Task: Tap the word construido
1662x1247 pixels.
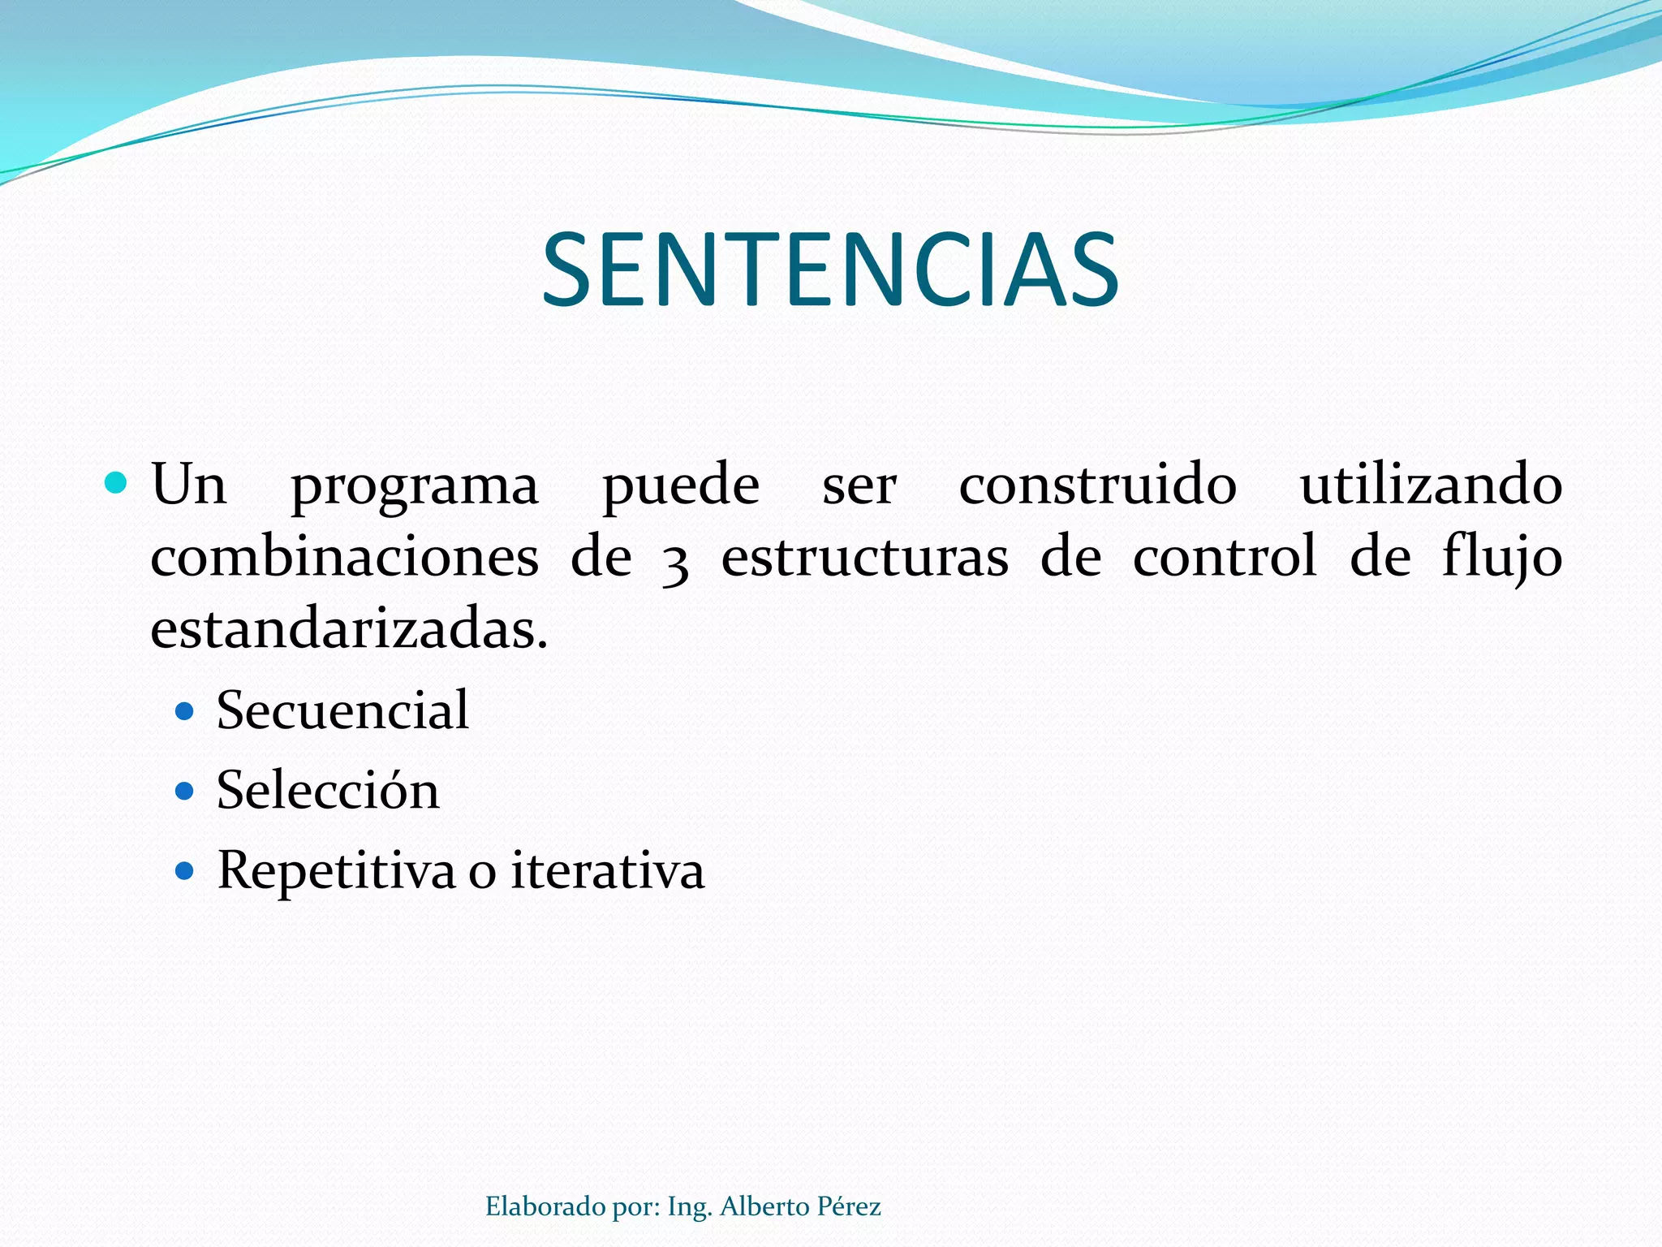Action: [1097, 485]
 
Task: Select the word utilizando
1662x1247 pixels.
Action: [1431, 485]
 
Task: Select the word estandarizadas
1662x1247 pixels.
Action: [349, 629]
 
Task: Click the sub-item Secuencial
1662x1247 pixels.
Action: [342, 710]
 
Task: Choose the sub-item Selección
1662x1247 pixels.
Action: [328, 790]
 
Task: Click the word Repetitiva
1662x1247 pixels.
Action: [336, 872]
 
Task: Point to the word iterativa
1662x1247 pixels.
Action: [607, 870]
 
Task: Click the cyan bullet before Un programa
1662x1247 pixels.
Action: [116, 484]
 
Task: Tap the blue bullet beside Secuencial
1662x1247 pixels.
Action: [185, 712]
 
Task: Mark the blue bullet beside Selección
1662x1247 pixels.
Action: [185, 791]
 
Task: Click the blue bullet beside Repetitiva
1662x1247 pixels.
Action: [185, 872]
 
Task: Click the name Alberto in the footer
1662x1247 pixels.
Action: [764, 1206]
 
